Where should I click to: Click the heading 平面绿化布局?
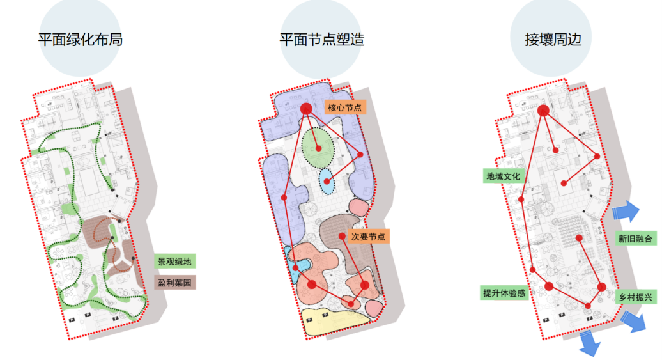click(80, 40)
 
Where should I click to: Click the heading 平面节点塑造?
click(322, 40)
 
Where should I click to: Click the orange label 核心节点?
click(344, 107)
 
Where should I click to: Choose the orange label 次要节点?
click(369, 236)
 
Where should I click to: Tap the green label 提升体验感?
click(504, 293)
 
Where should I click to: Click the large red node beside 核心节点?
click(305, 109)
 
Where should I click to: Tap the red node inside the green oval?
click(318, 148)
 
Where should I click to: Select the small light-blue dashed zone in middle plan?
click(327, 182)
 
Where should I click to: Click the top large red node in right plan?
click(543, 111)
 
